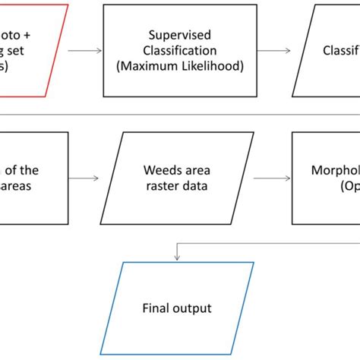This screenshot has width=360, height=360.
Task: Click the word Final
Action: tap(156, 308)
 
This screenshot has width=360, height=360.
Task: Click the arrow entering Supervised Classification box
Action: tap(85, 51)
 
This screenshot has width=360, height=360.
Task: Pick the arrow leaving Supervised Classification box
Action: tap(276, 51)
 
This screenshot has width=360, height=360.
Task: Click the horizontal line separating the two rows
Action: tap(180, 115)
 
